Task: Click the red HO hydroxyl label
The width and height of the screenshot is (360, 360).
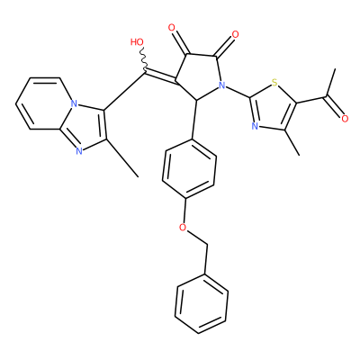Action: point(137,42)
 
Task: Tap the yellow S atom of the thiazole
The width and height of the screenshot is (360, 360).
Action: point(274,82)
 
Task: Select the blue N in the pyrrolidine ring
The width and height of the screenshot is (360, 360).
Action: point(221,85)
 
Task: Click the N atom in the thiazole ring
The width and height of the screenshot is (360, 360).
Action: point(255,126)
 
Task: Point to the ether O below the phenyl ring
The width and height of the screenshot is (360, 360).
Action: point(183,228)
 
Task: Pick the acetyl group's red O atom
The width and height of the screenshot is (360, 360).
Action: point(345,119)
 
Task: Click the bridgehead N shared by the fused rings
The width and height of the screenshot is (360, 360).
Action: point(74,103)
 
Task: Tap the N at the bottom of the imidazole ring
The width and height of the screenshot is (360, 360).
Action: point(79,151)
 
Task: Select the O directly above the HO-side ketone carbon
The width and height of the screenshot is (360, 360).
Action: point(172,28)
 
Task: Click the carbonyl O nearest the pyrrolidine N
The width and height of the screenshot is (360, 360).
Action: point(236,34)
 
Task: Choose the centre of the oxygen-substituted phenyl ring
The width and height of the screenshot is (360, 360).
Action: point(189,169)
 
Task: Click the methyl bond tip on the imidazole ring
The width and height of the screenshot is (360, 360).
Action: point(139,176)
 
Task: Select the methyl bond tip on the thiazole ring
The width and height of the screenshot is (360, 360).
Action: point(299,156)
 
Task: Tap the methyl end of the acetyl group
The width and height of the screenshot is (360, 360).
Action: point(335,69)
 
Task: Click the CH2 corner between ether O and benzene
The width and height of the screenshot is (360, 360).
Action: point(207,245)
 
